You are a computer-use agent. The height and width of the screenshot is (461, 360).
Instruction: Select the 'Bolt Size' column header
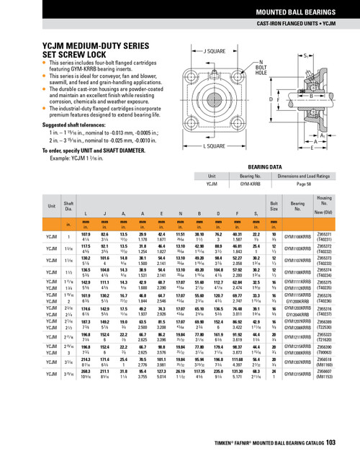click(x=274, y=205)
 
